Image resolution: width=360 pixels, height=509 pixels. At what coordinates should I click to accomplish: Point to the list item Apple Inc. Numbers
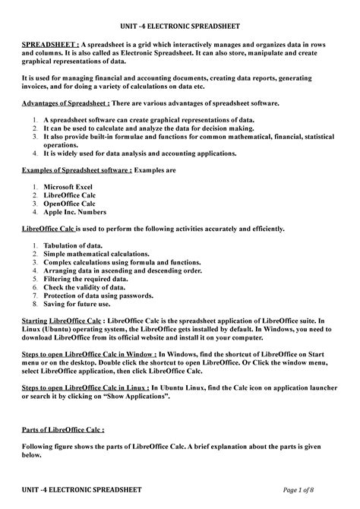(80, 212)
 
